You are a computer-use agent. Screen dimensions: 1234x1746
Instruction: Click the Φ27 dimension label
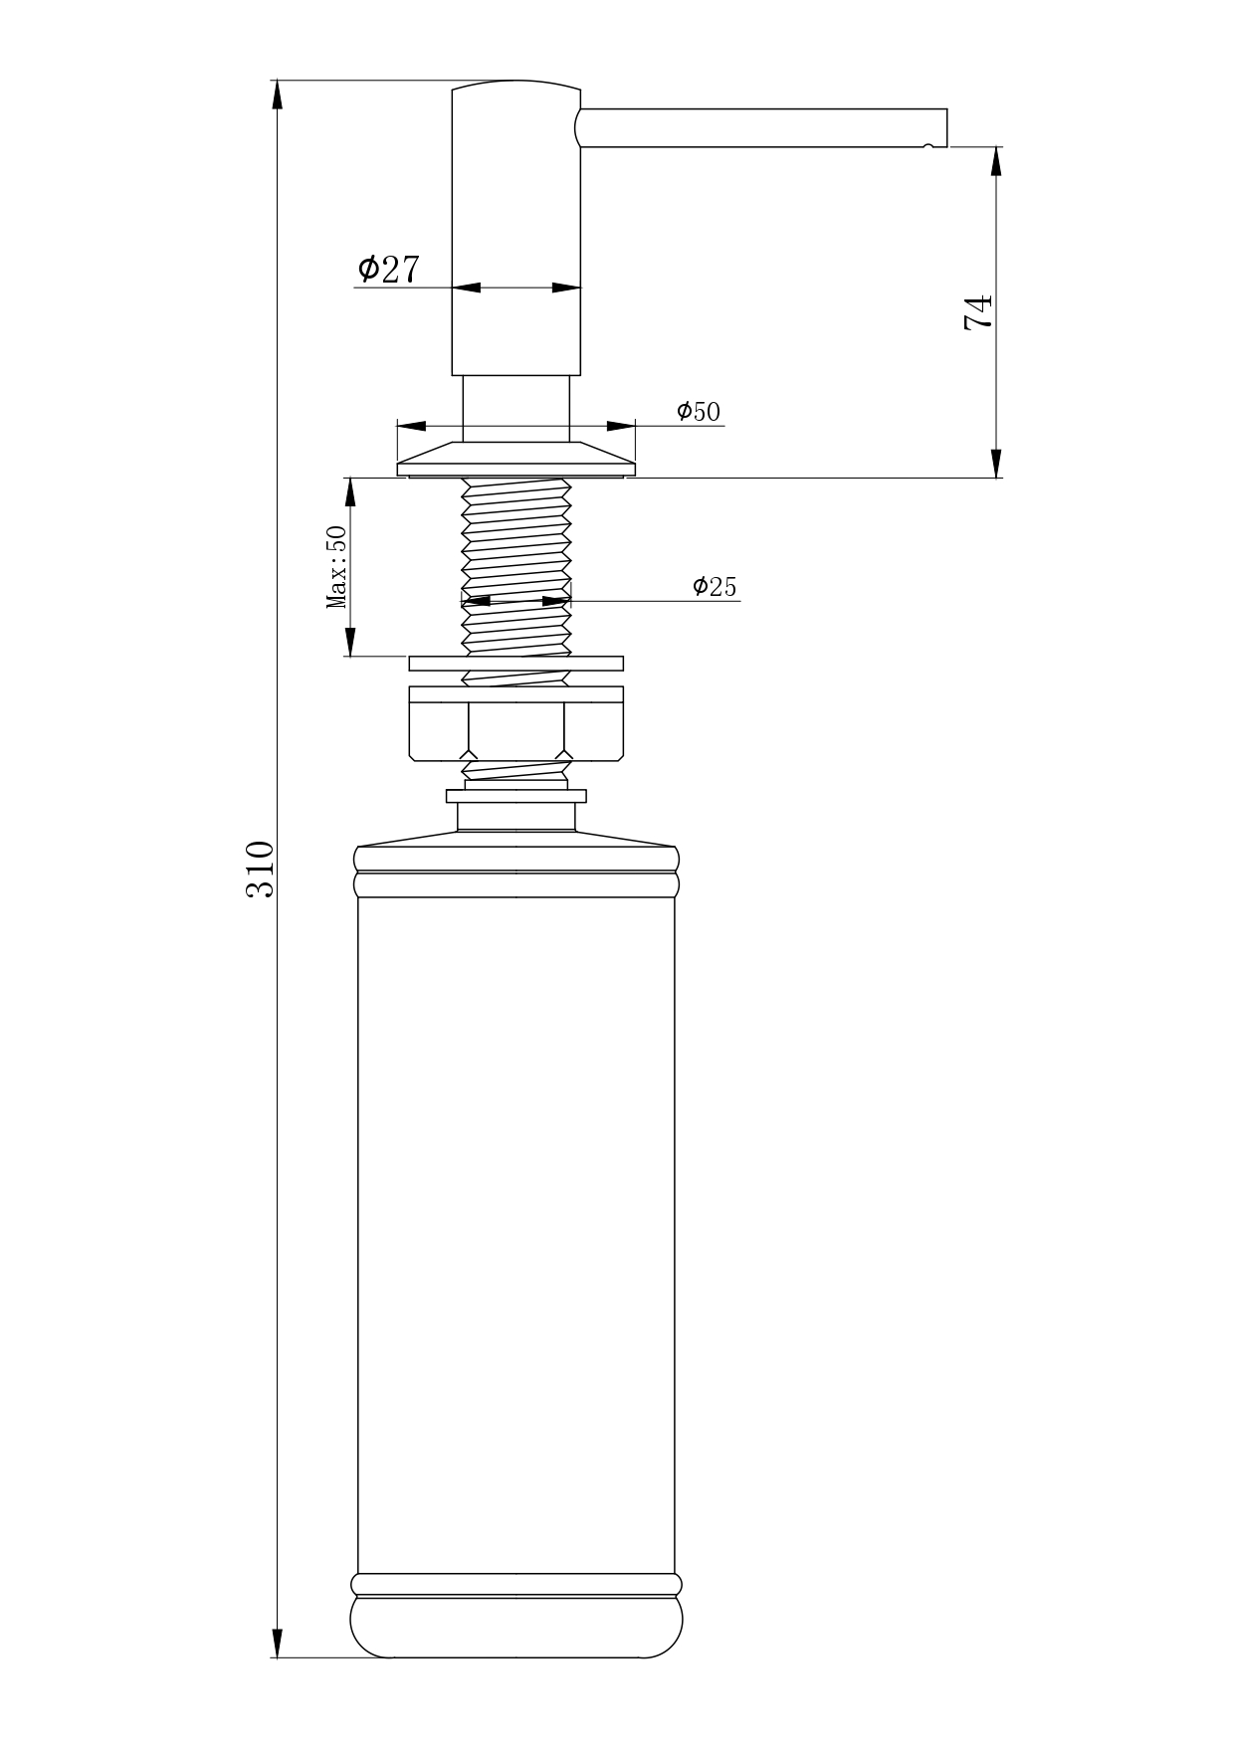pos(388,268)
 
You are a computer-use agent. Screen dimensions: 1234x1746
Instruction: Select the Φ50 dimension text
pos(698,411)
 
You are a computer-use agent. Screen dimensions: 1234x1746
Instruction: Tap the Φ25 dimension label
pos(715,586)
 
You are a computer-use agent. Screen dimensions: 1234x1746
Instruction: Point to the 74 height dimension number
pos(978,311)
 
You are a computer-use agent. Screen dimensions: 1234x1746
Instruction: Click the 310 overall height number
pos(259,869)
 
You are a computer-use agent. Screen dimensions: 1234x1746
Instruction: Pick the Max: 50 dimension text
pos(336,566)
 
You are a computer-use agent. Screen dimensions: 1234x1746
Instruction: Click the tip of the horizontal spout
pos(945,127)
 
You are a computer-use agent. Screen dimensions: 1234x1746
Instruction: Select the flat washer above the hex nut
pos(516,664)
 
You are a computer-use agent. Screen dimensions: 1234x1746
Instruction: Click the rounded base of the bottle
pos(516,1628)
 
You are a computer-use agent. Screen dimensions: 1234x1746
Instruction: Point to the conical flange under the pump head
pos(516,459)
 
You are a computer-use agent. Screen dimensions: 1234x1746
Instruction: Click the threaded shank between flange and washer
pos(516,566)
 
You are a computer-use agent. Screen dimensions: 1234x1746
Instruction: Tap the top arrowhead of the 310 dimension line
pos(277,94)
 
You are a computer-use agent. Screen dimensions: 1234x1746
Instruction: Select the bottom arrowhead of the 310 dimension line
pos(277,1644)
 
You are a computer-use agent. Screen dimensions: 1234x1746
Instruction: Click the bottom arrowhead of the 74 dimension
pos(996,464)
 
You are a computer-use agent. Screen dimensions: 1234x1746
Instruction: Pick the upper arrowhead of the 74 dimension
pos(996,161)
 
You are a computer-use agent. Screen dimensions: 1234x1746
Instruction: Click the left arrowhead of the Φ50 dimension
pos(412,426)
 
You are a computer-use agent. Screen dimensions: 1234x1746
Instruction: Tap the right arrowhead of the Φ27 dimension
pos(566,289)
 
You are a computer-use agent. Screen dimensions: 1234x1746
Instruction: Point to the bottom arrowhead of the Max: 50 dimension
pos(350,642)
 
